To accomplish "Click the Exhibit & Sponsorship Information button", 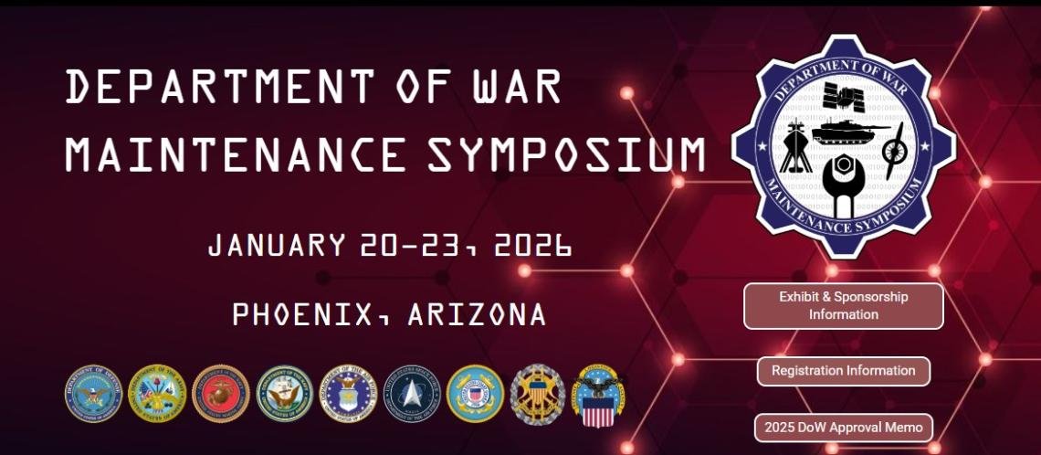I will pyautogui.click(x=843, y=306).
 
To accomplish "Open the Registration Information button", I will pyautogui.click(x=843, y=371).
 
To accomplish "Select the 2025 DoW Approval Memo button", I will pyautogui.click(x=843, y=428).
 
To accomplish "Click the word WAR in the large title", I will pyautogui.click(x=517, y=87).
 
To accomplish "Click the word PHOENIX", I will pyautogui.click(x=302, y=315).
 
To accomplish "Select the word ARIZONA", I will pyautogui.click(x=477, y=315).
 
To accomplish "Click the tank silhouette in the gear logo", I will pyautogui.click(x=842, y=132).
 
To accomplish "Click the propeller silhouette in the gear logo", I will pyautogui.click(x=892, y=150).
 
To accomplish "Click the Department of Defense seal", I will pyautogui.click(x=93, y=394).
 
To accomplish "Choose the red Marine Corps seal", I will pyautogui.click(x=220, y=394).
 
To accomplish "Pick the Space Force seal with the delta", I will pyautogui.click(x=411, y=394).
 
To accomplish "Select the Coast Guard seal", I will pyautogui.click(x=475, y=394).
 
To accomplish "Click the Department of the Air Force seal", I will pyautogui.click(x=347, y=394).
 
